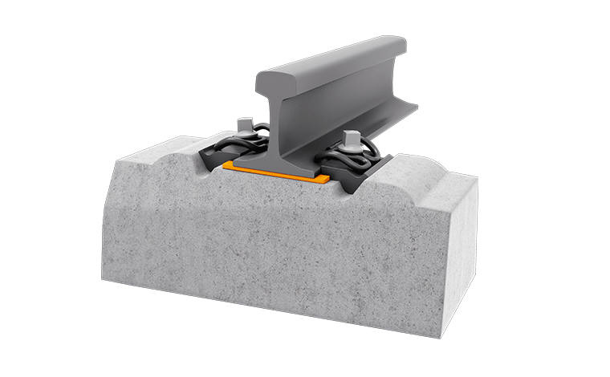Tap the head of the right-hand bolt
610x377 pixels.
351,137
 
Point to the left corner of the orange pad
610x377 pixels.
226,164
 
